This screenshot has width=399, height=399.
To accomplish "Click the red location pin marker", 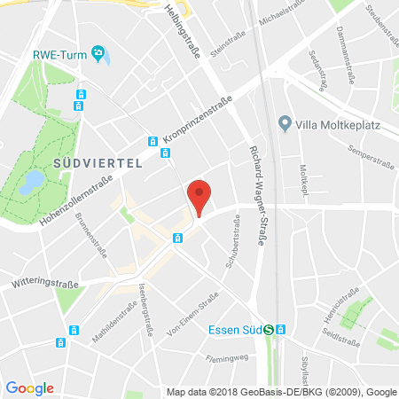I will pyautogui.click(x=200, y=196).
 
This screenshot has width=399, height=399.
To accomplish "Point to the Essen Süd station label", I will pyautogui.click(x=242, y=330).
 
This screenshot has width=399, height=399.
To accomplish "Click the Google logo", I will pyautogui.click(x=29, y=388).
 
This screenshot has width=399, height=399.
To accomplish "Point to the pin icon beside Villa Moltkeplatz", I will pyautogui.click(x=285, y=122).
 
